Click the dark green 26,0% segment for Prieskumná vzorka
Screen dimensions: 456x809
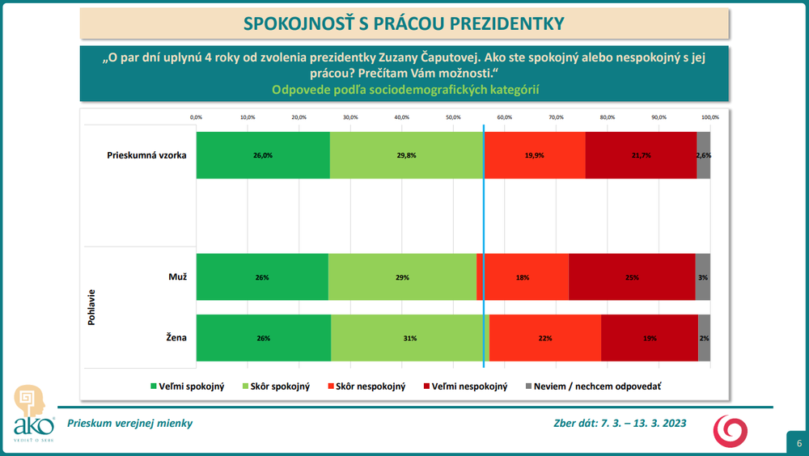263,154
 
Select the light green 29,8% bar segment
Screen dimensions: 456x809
406,154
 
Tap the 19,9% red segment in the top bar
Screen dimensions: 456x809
535,154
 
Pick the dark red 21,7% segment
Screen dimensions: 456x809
641,154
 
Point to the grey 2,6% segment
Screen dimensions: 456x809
704,154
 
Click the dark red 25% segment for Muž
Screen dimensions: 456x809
632,277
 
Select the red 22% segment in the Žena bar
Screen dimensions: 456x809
545,338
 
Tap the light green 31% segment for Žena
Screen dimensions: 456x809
410,338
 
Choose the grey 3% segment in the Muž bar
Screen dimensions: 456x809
703,277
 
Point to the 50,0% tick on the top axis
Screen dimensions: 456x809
453,117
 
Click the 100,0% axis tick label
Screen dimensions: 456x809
709,117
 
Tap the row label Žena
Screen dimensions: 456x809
177,337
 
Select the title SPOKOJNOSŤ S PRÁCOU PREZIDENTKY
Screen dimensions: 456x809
404,23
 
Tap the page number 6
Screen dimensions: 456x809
798,443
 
